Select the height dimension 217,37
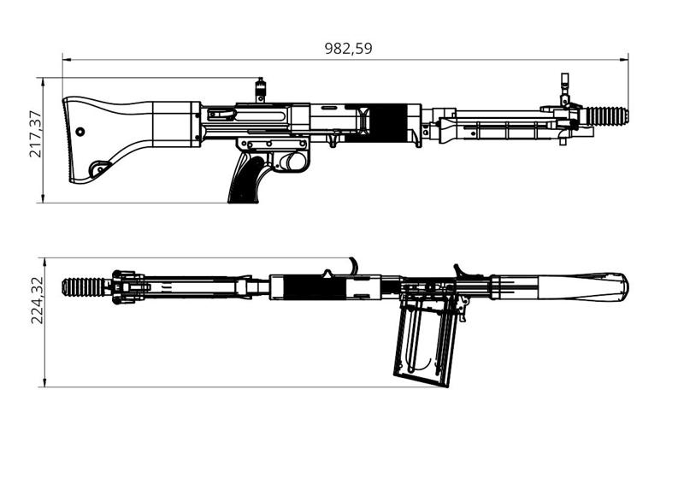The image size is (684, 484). pyautogui.click(x=35, y=134)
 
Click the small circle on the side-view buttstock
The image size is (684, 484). pyautogui.click(x=80, y=132)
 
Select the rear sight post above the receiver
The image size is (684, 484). pyautogui.click(x=259, y=88)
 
